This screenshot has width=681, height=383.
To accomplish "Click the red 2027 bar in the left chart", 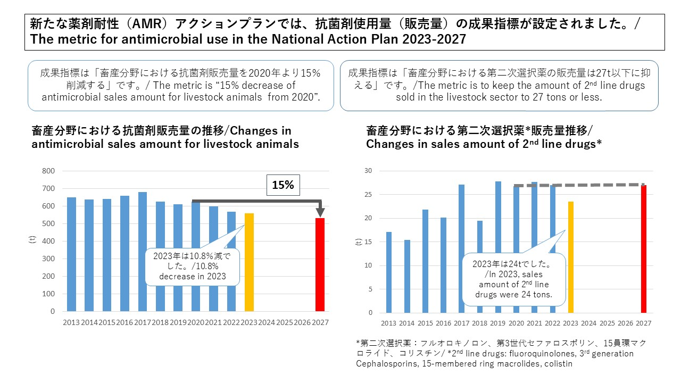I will click(320, 264).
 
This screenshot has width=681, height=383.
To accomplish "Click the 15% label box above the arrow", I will click(283, 186).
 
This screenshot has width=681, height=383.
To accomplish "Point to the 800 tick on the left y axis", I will click(48, 171).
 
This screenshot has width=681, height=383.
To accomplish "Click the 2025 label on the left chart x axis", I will click(285, 323).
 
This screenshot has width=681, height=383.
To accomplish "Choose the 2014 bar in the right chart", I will click(407, 277).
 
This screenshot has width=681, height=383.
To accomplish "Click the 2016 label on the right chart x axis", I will click(443, 323).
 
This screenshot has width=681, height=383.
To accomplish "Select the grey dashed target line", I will click(580, 185).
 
